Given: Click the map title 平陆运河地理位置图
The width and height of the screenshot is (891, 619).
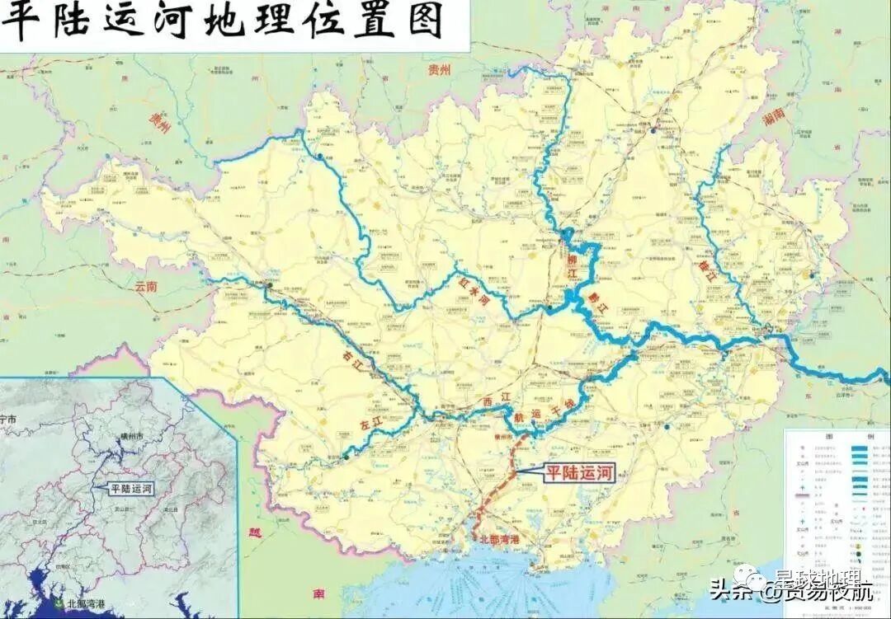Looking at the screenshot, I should [x=223, y=22].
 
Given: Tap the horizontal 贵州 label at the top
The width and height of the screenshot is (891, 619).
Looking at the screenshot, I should [x=441, y=70].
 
